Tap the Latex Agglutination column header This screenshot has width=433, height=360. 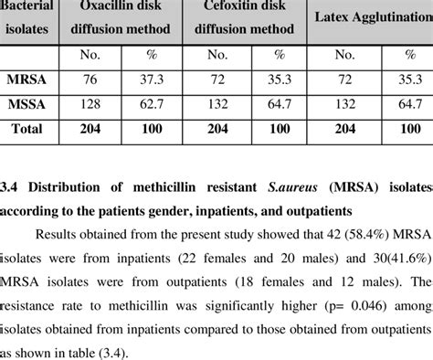point(371,17)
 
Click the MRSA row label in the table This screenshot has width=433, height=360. point(26,80)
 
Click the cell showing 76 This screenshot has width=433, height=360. point(89,80)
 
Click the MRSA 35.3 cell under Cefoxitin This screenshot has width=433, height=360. point(275,80)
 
